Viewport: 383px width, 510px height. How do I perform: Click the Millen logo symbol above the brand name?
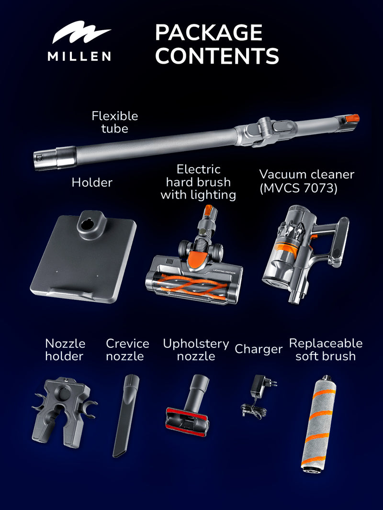(80, 35)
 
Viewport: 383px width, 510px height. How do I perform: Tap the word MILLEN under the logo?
(79, 56)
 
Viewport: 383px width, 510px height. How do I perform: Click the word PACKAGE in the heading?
(208, 33)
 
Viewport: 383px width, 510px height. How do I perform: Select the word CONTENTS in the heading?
(217, 55)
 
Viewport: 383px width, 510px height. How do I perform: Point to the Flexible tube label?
(114, 122)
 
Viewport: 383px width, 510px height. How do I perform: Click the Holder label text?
(92, 182)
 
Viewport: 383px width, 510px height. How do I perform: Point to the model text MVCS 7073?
(298, 188)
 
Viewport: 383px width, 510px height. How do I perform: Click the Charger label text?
(258, 349)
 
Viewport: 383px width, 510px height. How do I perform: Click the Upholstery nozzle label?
(196, 350)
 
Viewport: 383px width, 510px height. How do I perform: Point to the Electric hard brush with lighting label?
(198, 182)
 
